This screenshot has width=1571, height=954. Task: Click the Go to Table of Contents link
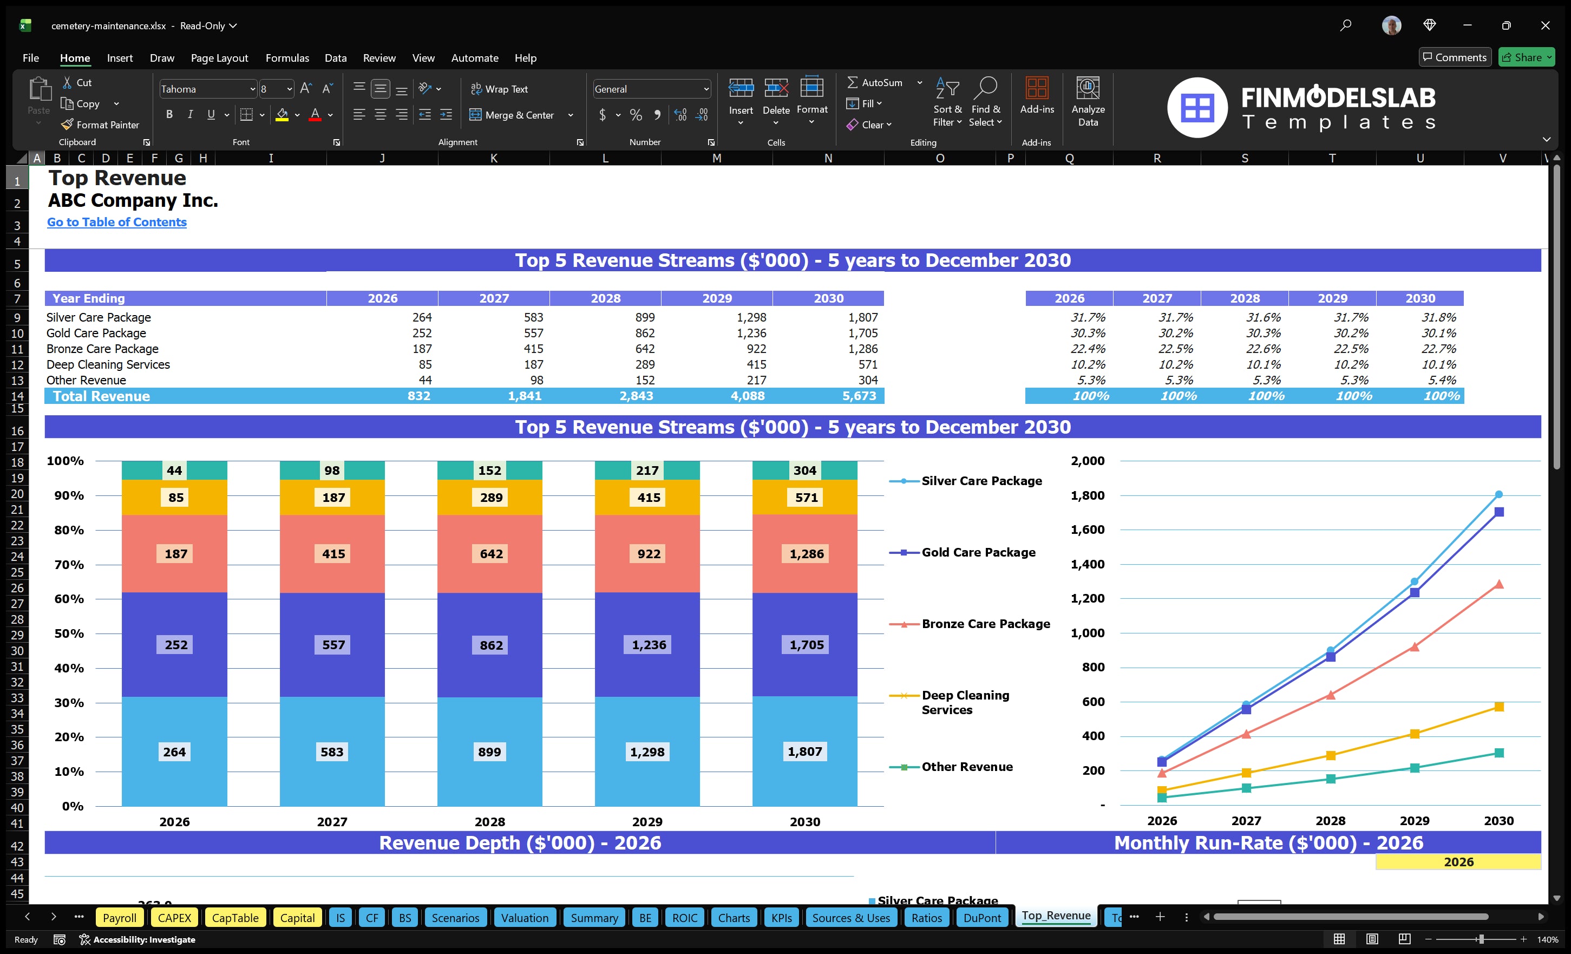click(x=117, y=222)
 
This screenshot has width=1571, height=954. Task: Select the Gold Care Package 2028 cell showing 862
click(x=644, y=333)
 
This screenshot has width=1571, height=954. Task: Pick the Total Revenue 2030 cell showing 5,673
click(x=858, y=396)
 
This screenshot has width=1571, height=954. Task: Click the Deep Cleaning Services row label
click(x=108, y=364)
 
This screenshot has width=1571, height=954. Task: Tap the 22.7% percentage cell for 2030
click(x=1438, y=349)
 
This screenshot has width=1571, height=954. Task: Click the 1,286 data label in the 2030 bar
click(x=806, y=553)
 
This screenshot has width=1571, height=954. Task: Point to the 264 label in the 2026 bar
click(x=174, y=752)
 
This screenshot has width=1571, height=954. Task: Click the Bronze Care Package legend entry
click(x=985, y=624)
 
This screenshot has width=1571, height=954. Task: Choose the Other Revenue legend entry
click(x=966, y=767)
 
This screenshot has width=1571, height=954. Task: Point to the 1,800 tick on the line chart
click(x=1087, y=495)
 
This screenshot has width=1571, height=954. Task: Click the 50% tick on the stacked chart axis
click(x=69, y=633)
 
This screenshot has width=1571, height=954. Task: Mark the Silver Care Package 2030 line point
click(x=1498, y=494)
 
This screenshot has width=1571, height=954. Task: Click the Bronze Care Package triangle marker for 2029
click(x=1414, y=646)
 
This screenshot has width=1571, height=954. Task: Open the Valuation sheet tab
click(x=524, y=918)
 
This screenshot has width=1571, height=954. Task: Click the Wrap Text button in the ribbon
click(x=499, y=89)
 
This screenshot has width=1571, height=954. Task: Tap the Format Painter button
click(x=100, y=125)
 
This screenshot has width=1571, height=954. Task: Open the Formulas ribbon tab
click(x=287, y=58)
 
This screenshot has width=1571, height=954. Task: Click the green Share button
click(x=1527, y=57)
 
